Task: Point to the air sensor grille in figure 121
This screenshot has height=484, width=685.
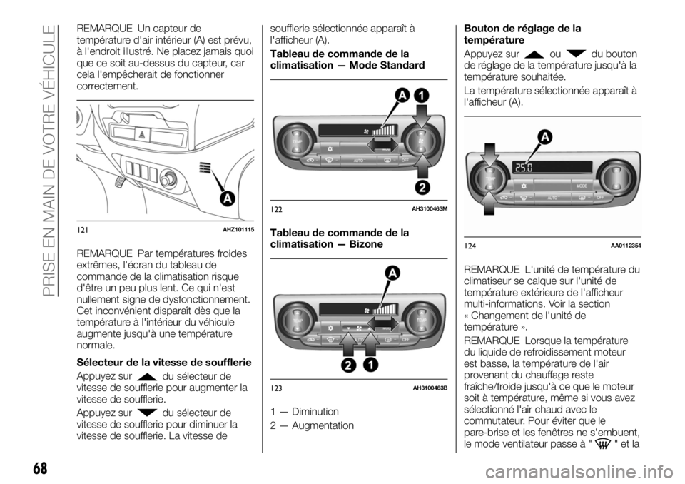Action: point(205,170)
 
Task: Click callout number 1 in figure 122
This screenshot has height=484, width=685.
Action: point(420,96)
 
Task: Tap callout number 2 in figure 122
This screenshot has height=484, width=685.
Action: point(422,186)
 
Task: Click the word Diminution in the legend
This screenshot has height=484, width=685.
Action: point(315,411)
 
